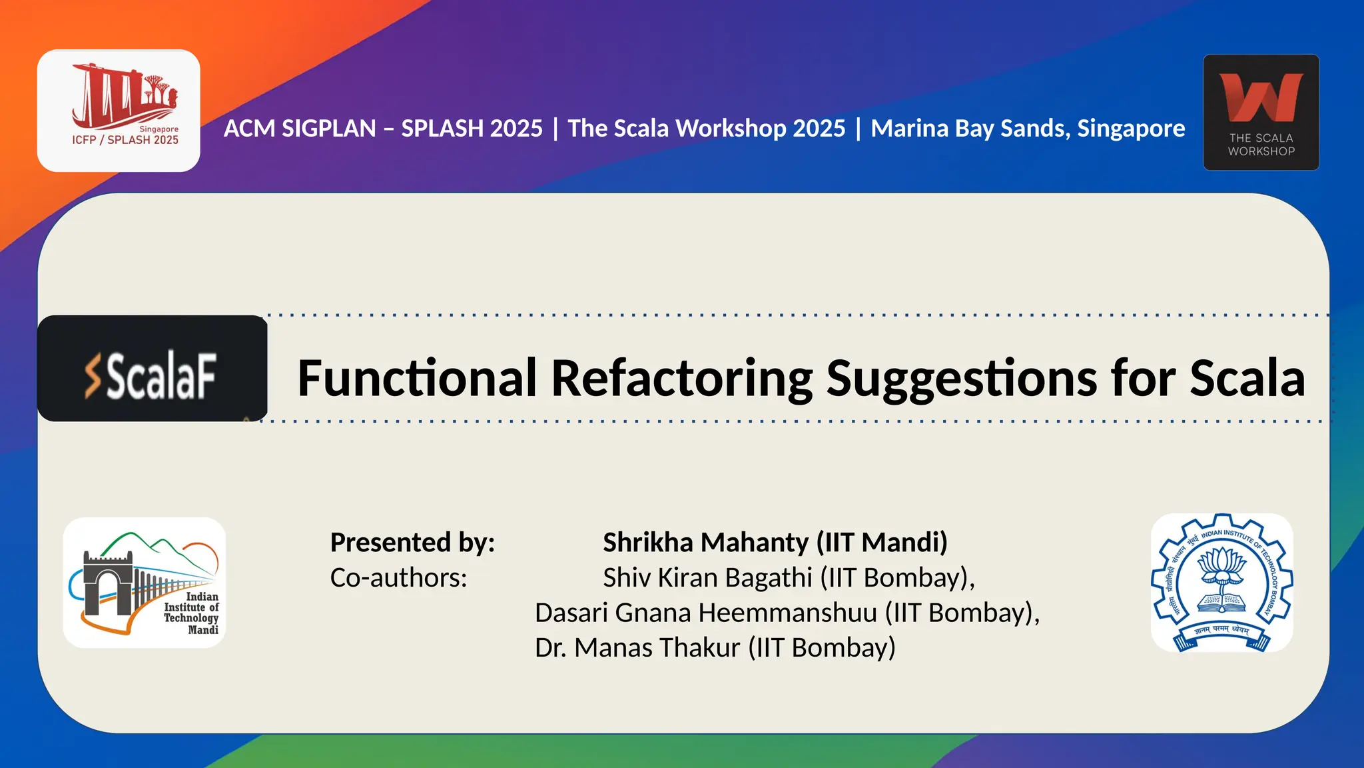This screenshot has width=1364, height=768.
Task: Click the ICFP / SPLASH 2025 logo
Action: pos(119,111)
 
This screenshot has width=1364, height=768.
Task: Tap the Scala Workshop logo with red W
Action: pos(1261,112)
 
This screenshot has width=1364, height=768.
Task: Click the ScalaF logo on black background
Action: pos(152,369)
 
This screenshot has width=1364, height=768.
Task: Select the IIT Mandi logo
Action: pos(145,583)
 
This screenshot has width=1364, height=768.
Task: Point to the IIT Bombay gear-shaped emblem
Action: pos(1222,583)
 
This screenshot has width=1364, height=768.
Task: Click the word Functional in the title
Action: pos(417,378)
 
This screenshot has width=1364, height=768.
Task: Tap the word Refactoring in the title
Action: pos(682,378)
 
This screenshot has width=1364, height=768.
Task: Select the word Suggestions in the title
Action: pos(963,378)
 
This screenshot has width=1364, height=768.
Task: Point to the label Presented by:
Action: pos(412,542)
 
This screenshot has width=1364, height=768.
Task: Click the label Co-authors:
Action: pos(398,577)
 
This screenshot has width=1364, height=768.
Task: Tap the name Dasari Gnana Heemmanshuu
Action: pos(706,613)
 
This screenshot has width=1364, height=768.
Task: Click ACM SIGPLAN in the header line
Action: pos(300,128)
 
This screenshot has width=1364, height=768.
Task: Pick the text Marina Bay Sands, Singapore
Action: pos(1028,128)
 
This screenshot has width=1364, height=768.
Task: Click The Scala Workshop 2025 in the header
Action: pos(706,128)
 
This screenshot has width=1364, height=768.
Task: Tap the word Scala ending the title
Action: pos(1247,378)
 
